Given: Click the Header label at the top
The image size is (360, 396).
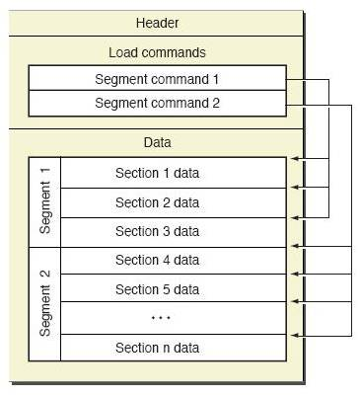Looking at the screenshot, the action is pos(157,23).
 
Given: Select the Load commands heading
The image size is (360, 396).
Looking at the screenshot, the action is pos(157,52).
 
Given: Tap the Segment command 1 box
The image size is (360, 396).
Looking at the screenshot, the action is pos(157,78).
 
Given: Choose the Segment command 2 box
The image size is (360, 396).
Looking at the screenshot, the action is pos(157,104).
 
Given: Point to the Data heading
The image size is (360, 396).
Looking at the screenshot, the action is pos(157,142).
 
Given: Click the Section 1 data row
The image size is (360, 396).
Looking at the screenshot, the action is pos(174,173).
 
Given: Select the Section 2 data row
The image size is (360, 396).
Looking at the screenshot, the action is pos(174,202).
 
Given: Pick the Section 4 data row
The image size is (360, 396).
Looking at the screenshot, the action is pos(174,261).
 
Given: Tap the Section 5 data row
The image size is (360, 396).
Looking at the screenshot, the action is pos(174,288).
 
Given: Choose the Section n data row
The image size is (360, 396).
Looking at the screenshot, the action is pos(174,348).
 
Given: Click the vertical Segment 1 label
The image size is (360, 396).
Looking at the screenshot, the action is pos(45,200).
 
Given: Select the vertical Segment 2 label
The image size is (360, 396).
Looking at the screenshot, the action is pos(45,303).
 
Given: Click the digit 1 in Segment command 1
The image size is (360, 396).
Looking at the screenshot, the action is pos(216,79).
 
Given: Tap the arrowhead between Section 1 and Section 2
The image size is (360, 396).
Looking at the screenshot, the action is pos(295,188).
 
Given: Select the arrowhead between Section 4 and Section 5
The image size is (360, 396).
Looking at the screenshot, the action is pos(295,274).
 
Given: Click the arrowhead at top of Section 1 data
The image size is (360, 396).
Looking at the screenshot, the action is pos(295,159).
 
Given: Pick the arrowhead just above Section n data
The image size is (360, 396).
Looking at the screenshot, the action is pos(295,336).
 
